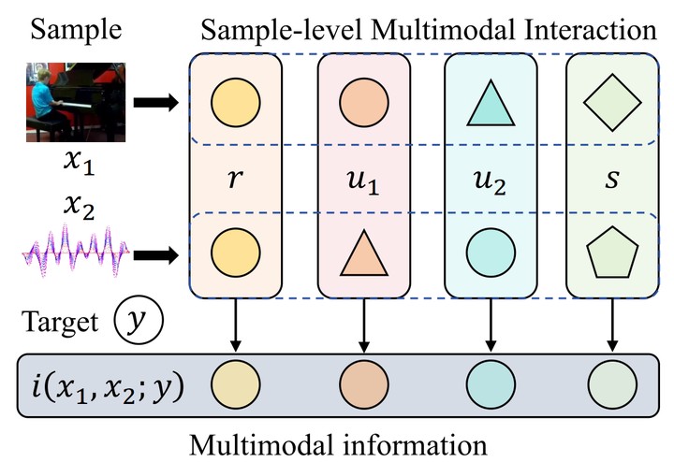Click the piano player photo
pos(76,102)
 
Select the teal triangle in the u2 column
pos(491,104)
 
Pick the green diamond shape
pos(612,103)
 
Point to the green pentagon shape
pos(612,252)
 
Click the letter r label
pos(235,179)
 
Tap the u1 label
pos(363,180)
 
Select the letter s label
pos(612,179)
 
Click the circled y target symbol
pos(139,320)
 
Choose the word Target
pos(60,322)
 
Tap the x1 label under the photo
pos(79,163)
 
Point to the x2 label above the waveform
pos(79,207)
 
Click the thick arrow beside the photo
pos(156,103)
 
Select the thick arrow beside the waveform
pos(156,255)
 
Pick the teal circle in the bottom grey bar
pos(491,384)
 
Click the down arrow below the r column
pos(235,325)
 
